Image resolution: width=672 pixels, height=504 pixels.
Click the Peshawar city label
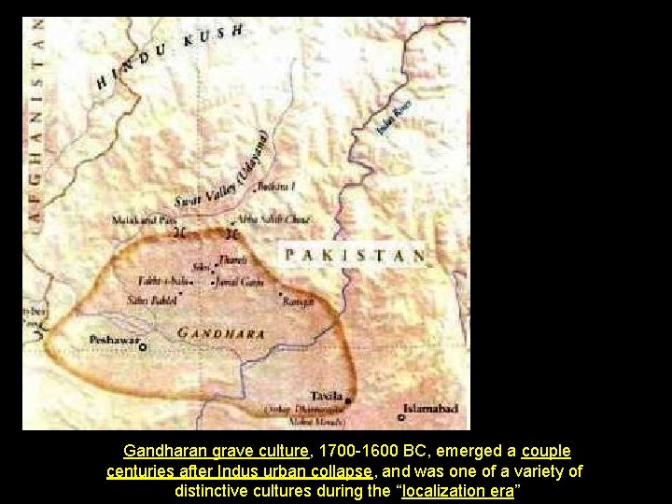pos(111,340)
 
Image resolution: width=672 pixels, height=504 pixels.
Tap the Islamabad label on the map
pos(430,408)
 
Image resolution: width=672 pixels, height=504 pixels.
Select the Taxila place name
pos(327,397)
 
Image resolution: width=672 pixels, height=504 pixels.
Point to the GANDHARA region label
pos(220,333)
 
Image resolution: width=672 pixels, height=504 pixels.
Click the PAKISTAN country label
pos(355,255)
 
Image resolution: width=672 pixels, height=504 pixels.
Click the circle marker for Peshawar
pos(143,347)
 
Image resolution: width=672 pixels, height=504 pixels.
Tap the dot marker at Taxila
pos(348,402)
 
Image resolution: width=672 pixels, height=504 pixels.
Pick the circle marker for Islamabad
pos(401,418)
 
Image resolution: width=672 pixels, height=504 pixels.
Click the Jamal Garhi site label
pos(240,281)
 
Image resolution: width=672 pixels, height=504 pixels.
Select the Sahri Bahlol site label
pos(151,301)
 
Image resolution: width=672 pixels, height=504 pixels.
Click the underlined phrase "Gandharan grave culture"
pos(215,450)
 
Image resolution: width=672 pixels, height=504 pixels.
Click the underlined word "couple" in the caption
pos(547,450)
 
